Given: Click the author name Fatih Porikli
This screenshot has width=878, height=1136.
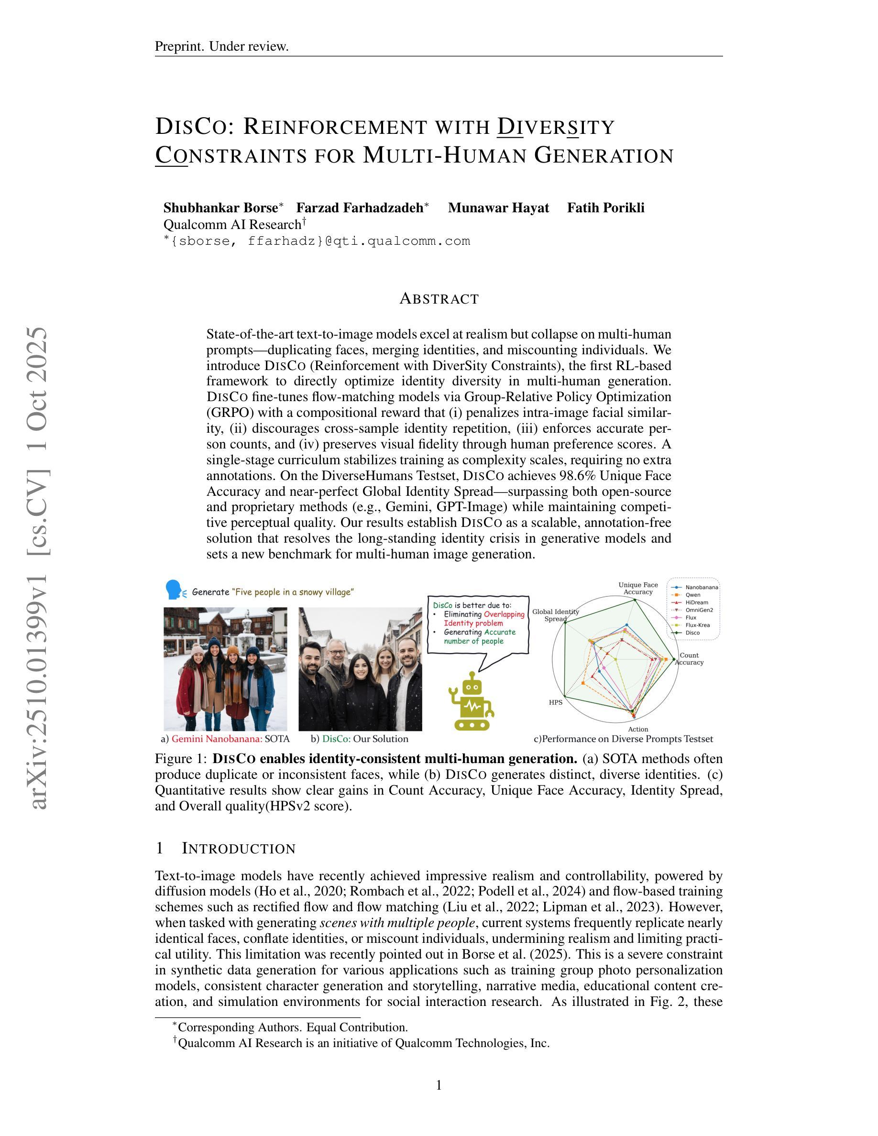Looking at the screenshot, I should pyautogui.click(x=605, y=208).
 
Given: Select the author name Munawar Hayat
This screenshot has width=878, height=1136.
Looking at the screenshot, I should pyautogui.click(x=498, y=208).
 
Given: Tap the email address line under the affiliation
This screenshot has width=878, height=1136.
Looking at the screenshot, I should pyautogui.click(x=317, y=241).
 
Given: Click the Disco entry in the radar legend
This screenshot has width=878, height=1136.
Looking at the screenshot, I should pyautogui.click(x=692, y=633).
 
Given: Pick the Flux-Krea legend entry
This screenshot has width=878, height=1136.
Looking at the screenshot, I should pyautogui.click(x=697, y=625).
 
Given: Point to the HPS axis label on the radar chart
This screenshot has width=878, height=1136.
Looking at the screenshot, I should pyautogui.click(x=556, y=702).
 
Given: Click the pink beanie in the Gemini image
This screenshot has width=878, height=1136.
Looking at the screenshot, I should pyautogui.click(x=197, y=649).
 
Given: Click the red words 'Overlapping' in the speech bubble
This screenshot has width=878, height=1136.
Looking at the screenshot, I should pyautogui.click(x=504, y=614).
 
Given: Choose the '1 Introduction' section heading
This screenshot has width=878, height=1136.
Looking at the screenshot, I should pyautogui.click(x=225, y=848).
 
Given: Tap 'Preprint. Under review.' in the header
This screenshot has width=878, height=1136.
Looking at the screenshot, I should pyautogui.click(x=221, y=46).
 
